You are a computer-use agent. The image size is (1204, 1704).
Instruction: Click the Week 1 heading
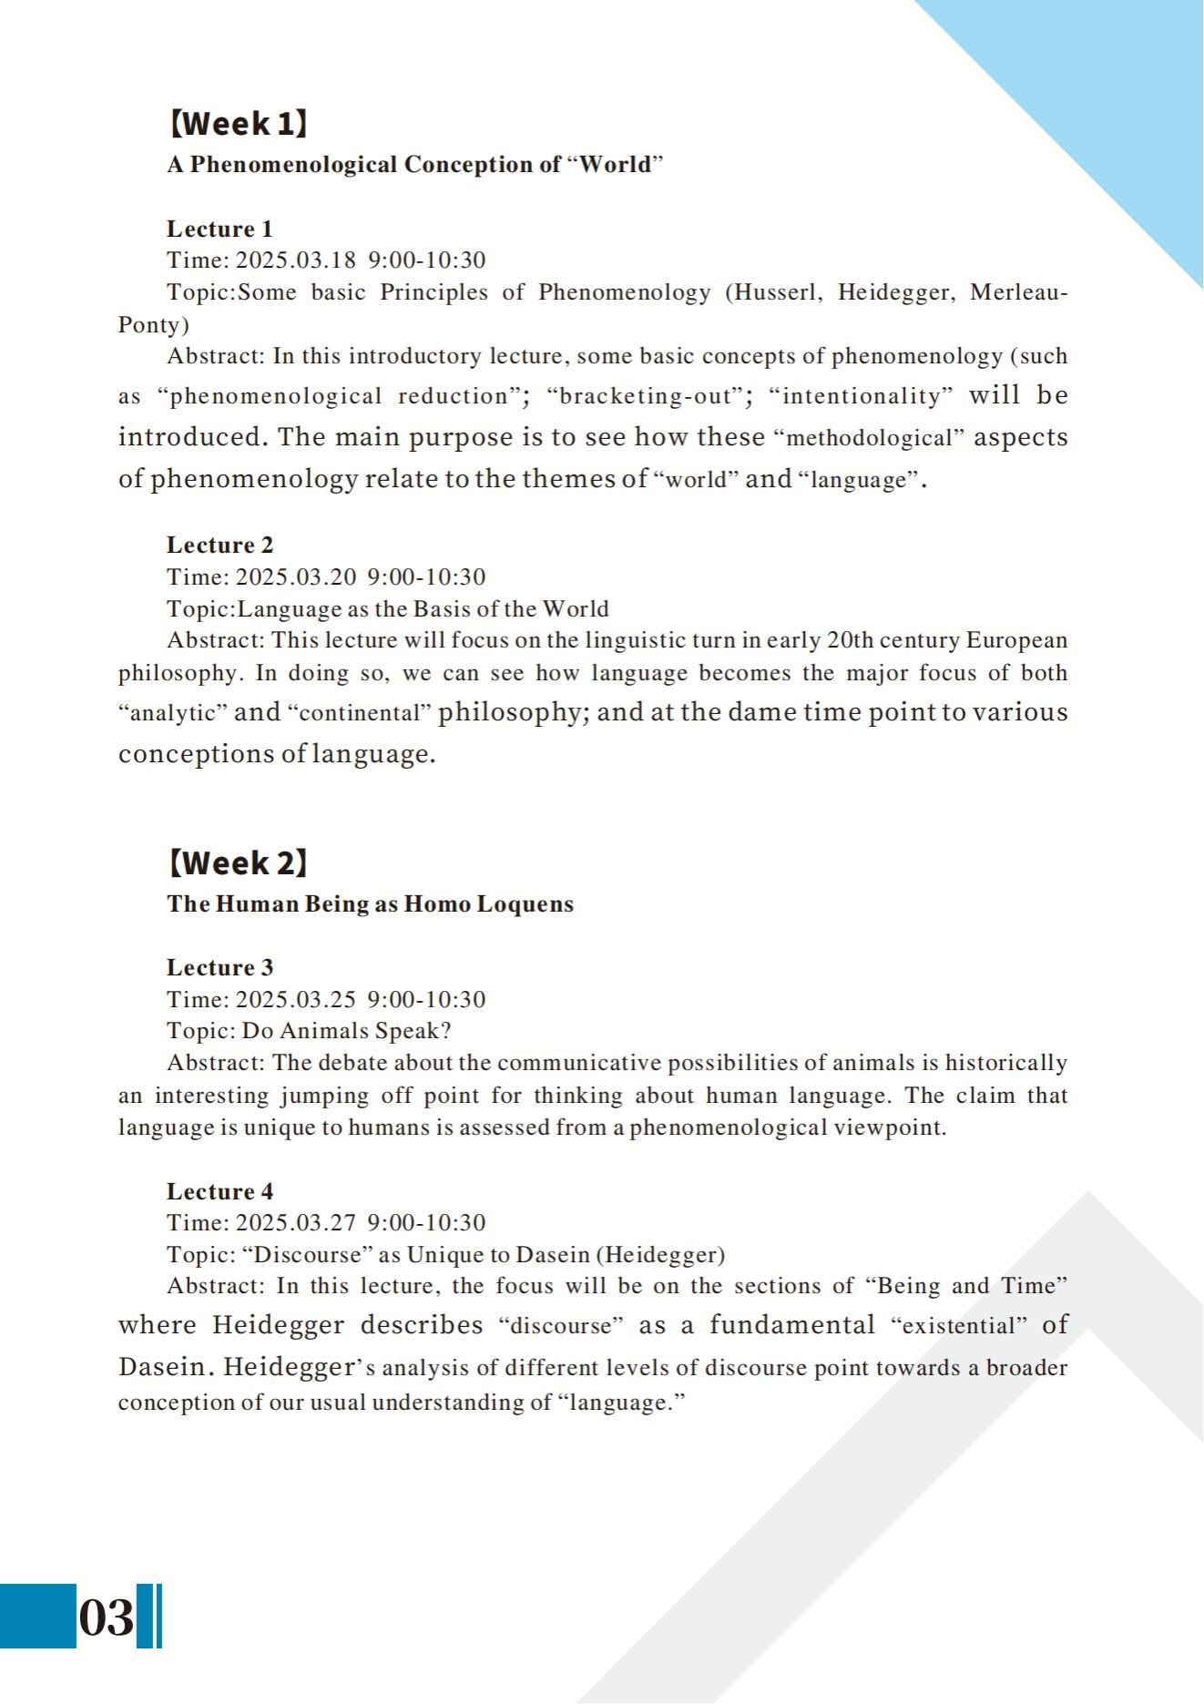coord(238,123)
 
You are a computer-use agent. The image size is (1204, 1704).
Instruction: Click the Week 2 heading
coord(238,862)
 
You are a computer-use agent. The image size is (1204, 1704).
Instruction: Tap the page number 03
coord(106,1617)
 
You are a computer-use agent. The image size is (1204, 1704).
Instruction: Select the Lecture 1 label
coord(219,229)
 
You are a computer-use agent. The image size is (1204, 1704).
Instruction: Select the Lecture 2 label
coord(219,545)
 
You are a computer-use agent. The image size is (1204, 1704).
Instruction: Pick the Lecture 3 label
coord(219,967)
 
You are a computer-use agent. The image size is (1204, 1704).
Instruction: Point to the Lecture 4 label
coord(219,1191)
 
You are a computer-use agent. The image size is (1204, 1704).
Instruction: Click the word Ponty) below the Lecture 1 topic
coord(154,325)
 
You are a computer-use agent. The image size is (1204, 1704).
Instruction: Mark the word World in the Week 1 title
coord(616,165)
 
